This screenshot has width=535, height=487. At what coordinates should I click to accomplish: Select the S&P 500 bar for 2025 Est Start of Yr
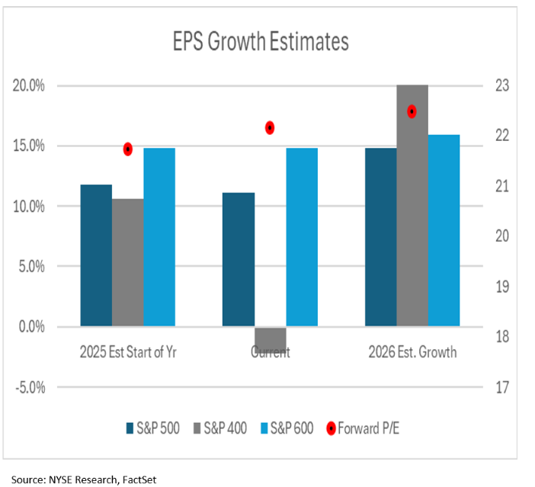click(x=96, y=255)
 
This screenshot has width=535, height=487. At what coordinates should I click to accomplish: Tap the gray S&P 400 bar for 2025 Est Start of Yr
click(x=127, y=262)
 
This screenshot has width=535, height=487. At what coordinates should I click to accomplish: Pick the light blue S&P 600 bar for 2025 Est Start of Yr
click(x=159, y=237)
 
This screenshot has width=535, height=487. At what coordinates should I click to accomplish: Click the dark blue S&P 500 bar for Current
click(x=239, y=259)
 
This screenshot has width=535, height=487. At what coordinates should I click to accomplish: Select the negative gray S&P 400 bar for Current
click(x=270, y=336)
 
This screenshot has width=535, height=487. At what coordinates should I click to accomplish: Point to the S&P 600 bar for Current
click(x=302, y=237)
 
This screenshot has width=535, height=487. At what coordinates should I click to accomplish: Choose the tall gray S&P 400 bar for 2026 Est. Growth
click(x=412, y=206)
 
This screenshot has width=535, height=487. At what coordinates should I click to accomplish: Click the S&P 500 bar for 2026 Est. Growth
click(x=381, y=237)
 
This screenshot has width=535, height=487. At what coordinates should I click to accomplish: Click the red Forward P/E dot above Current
click(x=270, y=128)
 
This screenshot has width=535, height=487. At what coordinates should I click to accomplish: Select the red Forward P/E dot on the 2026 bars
click(x=412, y=111)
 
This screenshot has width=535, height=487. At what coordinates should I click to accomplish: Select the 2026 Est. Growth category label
click(x=412, y=353)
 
